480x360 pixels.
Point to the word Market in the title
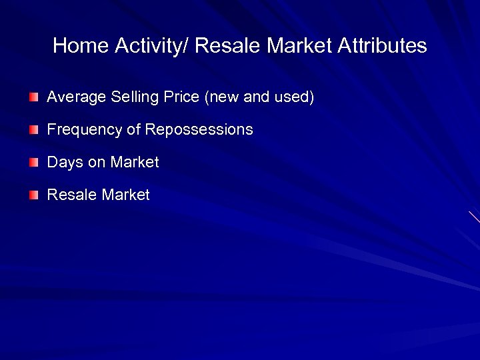click(300, 46)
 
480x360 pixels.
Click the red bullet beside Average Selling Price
click(34, 97)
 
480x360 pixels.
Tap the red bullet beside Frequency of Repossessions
click(34, 130)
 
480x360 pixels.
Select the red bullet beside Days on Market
click(34, 163)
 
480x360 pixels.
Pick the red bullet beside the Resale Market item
click(34, 195)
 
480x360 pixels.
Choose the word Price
click(181, 97)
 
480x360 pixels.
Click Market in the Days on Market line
click(135, 162)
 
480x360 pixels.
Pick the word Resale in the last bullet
click(72, 195)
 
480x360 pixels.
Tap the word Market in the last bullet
click(125, 195)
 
